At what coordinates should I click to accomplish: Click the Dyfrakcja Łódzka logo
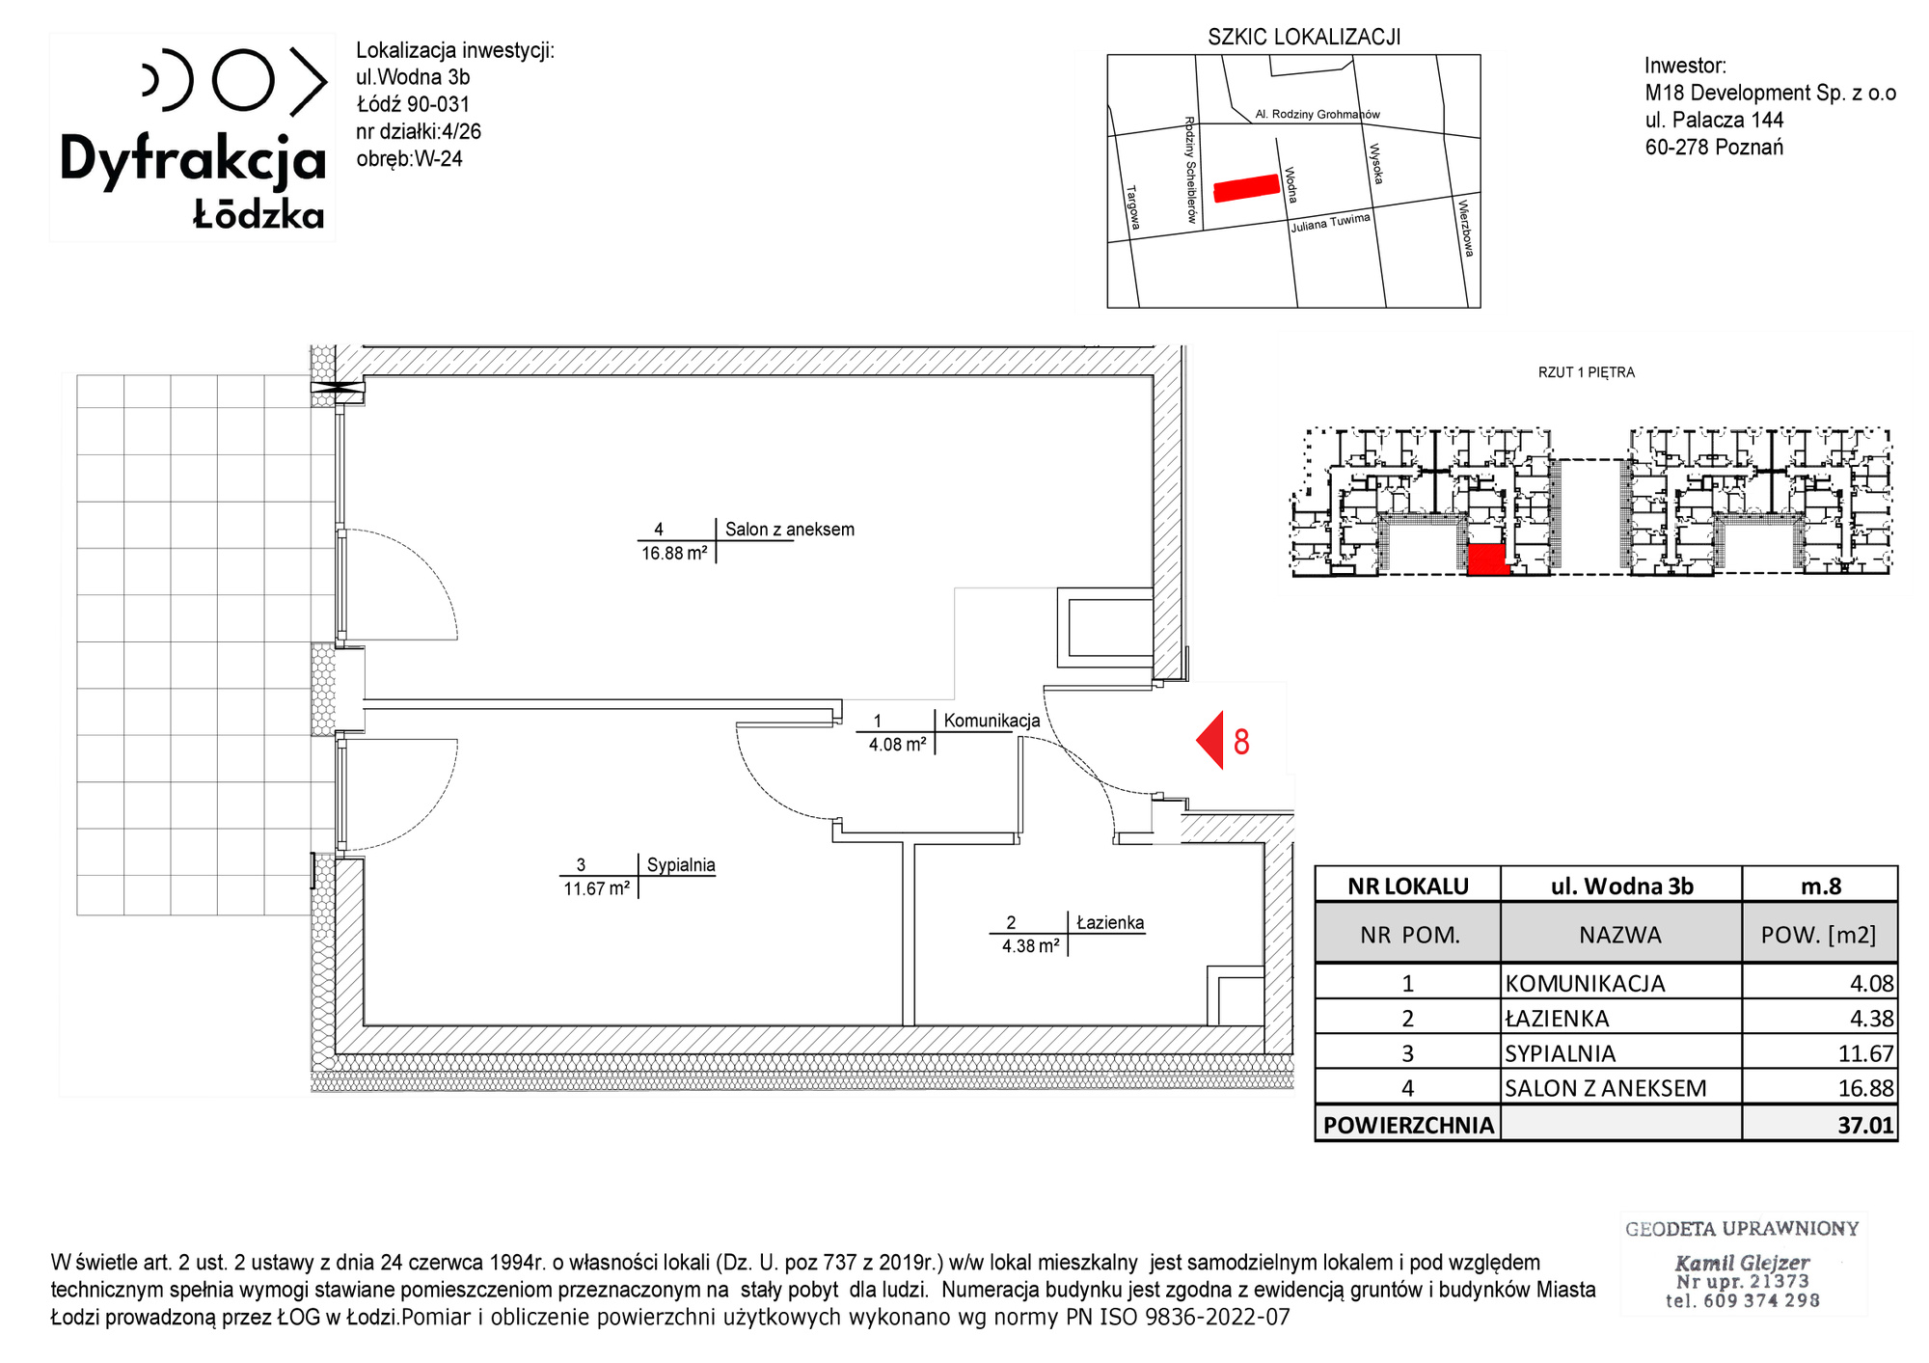[193, 138]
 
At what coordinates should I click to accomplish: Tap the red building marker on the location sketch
[1246, 188]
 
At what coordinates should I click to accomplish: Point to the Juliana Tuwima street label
[1330, 223]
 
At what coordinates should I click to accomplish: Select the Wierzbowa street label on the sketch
[1466, 228]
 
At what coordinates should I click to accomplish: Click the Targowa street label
[1133, 207]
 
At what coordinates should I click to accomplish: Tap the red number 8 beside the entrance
[1241, 742]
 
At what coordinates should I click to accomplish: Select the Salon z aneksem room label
[789, 529]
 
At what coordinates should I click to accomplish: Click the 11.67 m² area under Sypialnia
[597, 888]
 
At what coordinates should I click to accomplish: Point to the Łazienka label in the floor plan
[1110, 922]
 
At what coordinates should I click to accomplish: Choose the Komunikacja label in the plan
[992, 721]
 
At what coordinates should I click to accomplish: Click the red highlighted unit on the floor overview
[1487, 559]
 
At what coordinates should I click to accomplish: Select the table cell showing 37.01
[1820, 1124]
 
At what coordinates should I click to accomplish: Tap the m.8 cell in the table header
[1820, 886]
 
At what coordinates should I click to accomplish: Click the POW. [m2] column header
[1818, 935]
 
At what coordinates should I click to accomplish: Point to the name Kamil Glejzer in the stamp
[1742, 1263]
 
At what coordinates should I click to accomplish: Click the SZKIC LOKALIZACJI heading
[1304, 37]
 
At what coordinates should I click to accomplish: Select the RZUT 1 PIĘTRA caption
[1587, 372]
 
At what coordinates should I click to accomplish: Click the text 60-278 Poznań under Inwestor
[1714, 148]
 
